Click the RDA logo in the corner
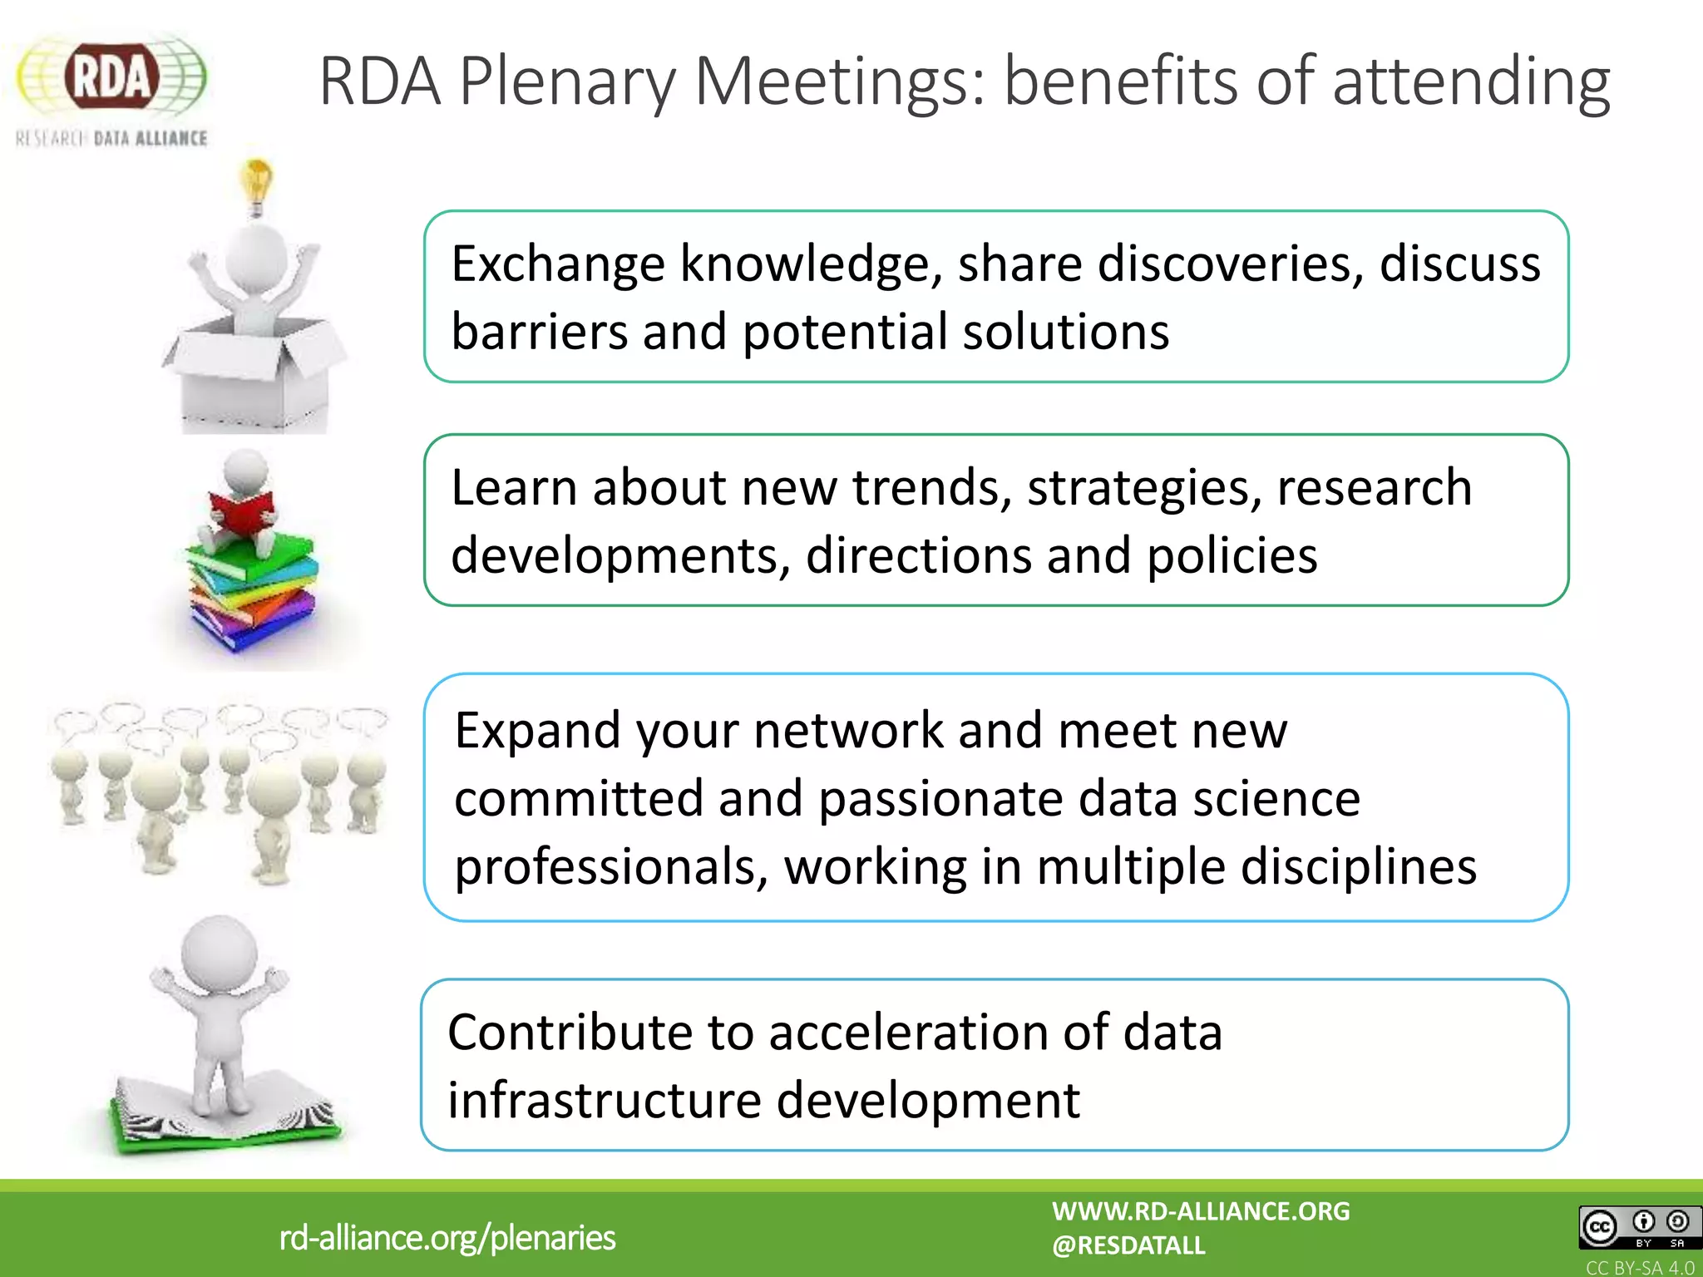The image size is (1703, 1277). coord(111,87)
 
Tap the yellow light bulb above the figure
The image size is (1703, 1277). coord(257,185)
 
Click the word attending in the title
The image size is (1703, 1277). coord(1471,82)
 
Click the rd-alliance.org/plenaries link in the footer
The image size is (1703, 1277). coord(447,1238)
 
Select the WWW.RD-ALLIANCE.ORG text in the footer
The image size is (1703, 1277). coord(1201,1211)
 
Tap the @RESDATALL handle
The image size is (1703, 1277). coord(1128,1245)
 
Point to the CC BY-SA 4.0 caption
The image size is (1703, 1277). coord(1639,1268)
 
